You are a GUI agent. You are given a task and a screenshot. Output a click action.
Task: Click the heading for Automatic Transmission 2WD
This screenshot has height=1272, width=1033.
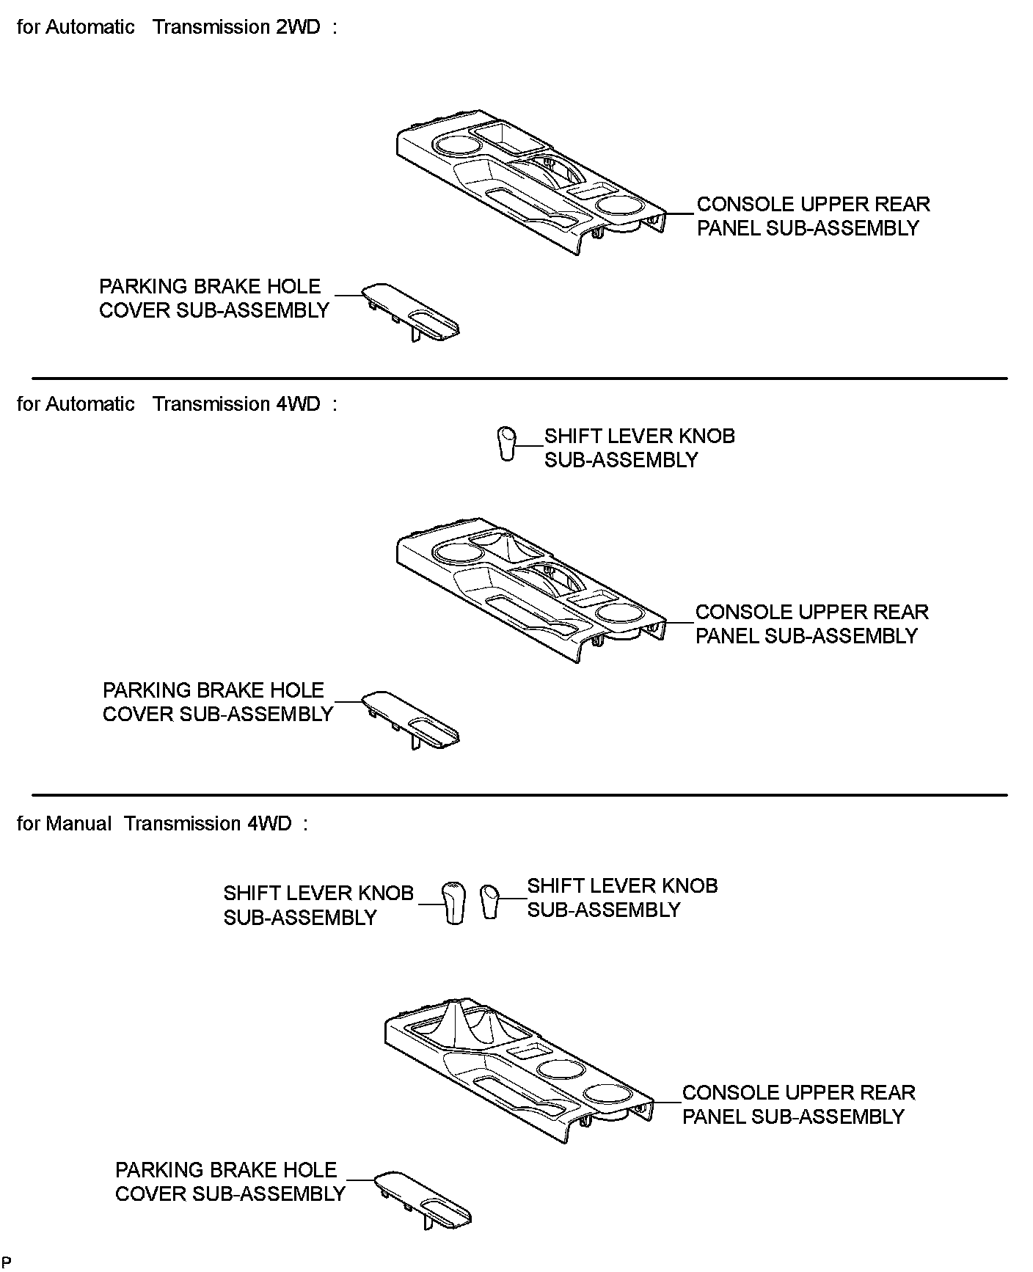tap(177, 27)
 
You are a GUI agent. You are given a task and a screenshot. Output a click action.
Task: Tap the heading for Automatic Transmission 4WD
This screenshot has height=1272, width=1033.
tap(177, 404)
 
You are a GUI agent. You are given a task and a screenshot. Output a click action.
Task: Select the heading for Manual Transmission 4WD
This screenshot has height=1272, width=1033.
tap(162, 824)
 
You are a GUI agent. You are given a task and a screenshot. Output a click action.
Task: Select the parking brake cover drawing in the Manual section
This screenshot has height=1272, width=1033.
tap(423, 1200)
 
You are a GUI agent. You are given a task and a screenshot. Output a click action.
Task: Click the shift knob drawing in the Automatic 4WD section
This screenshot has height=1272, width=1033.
tap(507, 443)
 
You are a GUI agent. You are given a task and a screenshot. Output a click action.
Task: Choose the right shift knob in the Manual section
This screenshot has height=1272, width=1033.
tap(489, 902)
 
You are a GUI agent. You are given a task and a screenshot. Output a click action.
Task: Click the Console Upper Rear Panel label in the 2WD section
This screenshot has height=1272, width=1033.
tap(812, 216)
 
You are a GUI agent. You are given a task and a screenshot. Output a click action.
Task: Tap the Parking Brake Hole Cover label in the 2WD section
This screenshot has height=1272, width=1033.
tap(213, 299)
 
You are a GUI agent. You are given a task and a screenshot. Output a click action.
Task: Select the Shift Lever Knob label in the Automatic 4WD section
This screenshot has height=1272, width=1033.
tap(639, 448)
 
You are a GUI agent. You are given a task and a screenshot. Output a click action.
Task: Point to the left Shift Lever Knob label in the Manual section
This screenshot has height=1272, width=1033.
tap(318, 905)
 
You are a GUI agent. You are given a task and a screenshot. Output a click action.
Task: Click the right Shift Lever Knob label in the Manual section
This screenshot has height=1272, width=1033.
tap(622, 898)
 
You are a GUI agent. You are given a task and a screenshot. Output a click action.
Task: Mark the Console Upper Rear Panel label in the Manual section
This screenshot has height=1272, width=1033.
tap(798, 1105)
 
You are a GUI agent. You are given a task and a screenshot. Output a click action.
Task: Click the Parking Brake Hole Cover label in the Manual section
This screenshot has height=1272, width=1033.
tap(230, 1182)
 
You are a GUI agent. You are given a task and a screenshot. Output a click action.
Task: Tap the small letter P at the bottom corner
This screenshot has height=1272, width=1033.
tap(7, 1262)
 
